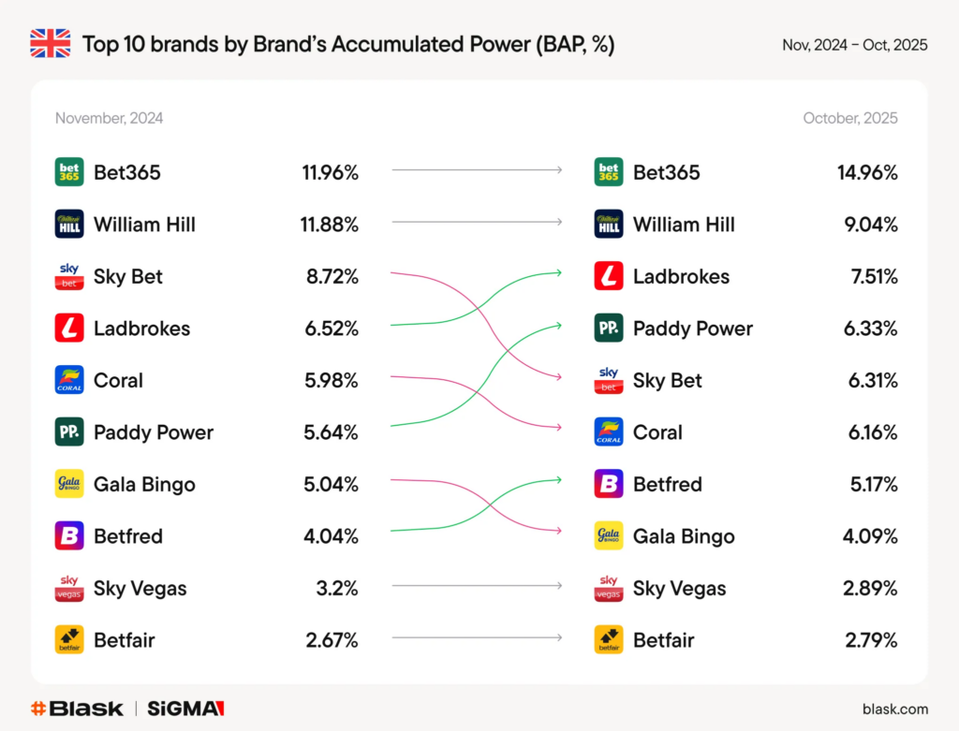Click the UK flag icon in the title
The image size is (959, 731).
[51, 44]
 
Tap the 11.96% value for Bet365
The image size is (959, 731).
[330, 172]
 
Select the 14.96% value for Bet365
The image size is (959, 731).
[867, 172]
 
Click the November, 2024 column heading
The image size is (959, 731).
[109, 118]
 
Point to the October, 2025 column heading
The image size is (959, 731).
[849, 118]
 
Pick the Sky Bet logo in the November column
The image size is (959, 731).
[69, 276]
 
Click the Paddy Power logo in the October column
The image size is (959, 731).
[609, 329]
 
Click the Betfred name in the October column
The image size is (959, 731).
[667, 484]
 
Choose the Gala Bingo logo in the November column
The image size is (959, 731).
[69, 484]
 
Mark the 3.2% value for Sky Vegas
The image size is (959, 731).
[337, 589]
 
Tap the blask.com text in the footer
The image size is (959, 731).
[895, 709]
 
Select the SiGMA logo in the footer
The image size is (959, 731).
[186, 709]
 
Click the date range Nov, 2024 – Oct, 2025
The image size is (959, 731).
[855, 45]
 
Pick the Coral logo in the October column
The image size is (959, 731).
[609, 432]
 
